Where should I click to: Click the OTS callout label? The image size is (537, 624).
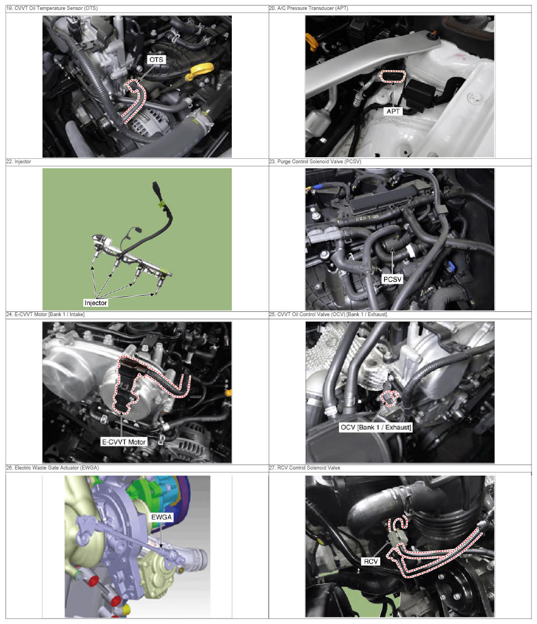click(x=156, y=60)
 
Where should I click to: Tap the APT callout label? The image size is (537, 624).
click(x=393, y=111)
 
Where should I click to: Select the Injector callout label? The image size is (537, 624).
click(x=95, y=303)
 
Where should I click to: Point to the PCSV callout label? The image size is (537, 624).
click(x=392, y=279)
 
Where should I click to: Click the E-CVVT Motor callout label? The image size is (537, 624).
click(x=124, y=442)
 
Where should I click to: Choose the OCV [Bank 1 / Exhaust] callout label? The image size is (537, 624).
click(x=376, y=427)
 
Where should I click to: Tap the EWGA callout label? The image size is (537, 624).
click(x=161, y=517)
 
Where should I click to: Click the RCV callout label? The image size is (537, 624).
click(x=371, y=562)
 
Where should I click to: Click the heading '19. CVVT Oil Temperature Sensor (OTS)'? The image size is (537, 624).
click(x=52, y=8)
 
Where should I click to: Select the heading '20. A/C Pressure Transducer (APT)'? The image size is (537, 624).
click(x=309, y=8)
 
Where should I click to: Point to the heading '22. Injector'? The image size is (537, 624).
click(x=18, y=162)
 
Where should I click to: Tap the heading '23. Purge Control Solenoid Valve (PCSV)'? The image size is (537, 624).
click(x=315, y=162)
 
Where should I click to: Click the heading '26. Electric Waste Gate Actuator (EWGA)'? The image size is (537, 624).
click(x=52, y=468)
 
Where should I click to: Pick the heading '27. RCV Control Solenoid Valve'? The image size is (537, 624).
click(x=305, y=468)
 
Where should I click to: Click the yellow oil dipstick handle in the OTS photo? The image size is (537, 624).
click(x=200, y=71)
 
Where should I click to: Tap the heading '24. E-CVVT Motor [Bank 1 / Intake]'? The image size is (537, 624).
click(x=45, y=314)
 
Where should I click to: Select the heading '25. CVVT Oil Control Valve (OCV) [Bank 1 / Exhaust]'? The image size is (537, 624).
click(x=328, y=314)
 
